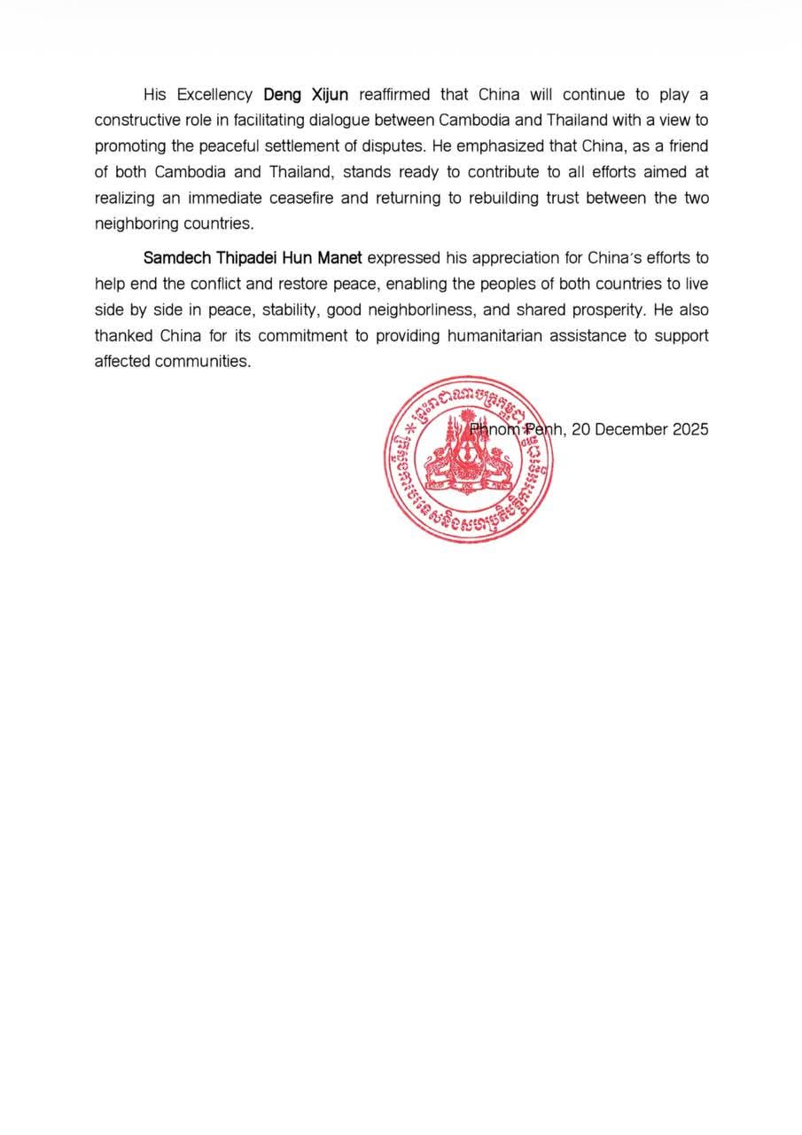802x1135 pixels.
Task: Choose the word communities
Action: [x=203, y=362]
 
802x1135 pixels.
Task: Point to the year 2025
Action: [x=689, y=429]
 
